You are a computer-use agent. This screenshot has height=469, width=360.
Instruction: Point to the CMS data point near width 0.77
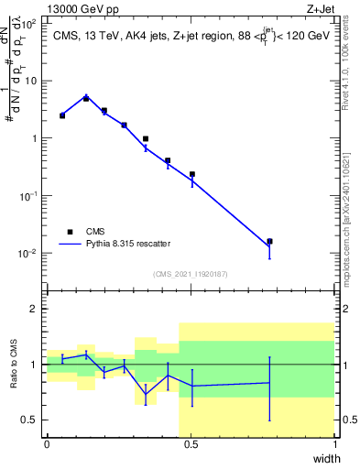[269, 242]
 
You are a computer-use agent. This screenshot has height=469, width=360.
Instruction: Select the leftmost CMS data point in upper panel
[62, 115]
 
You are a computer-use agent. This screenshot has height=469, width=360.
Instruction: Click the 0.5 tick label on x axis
[191, 444]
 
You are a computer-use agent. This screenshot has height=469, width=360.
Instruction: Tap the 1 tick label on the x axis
[334, 444]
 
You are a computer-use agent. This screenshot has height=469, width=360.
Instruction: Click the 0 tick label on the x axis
[47, 444]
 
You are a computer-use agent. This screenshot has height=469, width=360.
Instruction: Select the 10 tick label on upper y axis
[32, 81]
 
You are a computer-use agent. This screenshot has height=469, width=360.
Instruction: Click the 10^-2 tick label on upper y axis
[29, 253]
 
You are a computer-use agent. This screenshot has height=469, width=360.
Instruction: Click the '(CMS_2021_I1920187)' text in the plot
[191, 274]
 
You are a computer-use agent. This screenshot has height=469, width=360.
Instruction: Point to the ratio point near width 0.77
[269, 383]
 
